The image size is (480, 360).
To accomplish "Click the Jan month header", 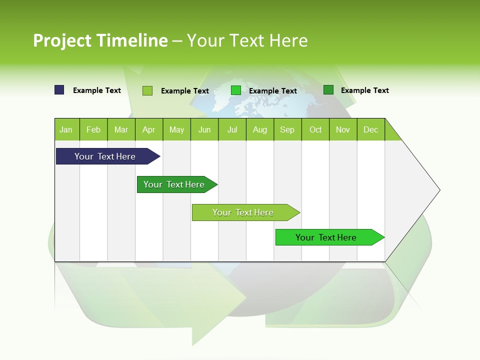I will click(x=66, y=129).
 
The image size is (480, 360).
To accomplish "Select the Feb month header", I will click(x=93, y=129).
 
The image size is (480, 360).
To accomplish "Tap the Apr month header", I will click(x=149, y=129).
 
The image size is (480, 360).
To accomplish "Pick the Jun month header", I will click(x=204, y=129).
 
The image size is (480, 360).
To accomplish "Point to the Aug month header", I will click(x=260, y=129).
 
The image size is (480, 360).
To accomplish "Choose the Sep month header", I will click(x=287, y=129).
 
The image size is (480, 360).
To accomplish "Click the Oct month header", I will click(x=315, y=129).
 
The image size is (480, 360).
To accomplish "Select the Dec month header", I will click(x=371, y=129).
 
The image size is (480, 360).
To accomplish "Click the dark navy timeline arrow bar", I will click(x=105, y=156).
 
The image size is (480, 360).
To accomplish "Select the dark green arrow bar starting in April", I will click(x=174, y=184).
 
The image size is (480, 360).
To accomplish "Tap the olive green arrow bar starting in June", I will click(x=243, y=212).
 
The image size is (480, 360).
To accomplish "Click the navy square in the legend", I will click(x=59, y=90).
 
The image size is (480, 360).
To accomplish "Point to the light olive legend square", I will click(x=147, y=90).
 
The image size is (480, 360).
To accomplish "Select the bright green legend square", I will click(x=236, y=90).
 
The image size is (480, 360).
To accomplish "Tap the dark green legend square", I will click(x=328, y=90).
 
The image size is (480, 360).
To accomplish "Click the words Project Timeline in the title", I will click(x=100, y=40).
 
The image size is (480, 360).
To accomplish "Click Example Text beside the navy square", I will click(x=97, y=90).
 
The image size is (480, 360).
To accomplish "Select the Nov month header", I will click(x=343, y=129).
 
